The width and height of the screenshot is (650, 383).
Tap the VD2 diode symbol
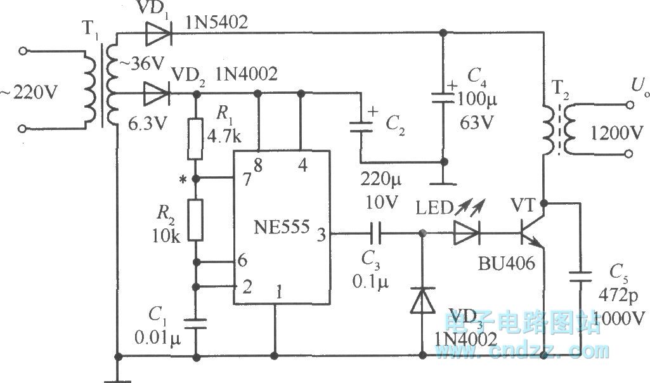155,93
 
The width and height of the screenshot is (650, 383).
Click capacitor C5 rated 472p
580,278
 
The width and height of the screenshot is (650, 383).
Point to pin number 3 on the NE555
322,235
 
